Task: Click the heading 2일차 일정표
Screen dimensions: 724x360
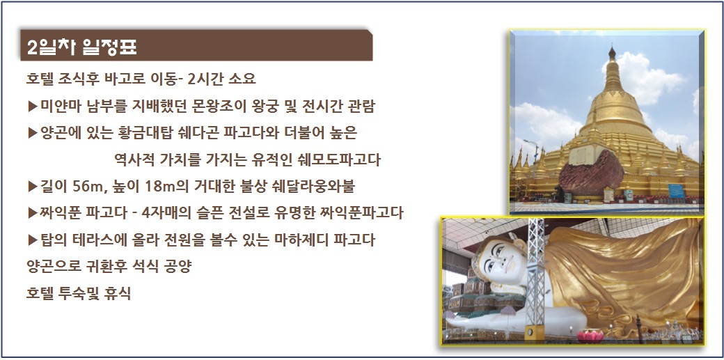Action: pyautogui.click(x=81, y=47)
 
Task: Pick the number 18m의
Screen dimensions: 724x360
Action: pyautogui.click(x=164, y=187)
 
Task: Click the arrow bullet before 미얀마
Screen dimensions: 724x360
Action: pyautogui.click(x=33, y=107)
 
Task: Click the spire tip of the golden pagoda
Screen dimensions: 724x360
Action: pyautogui.click(x=612, y=47)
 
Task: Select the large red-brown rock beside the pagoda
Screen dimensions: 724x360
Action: pyautogui.click(x=592, y=173)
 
